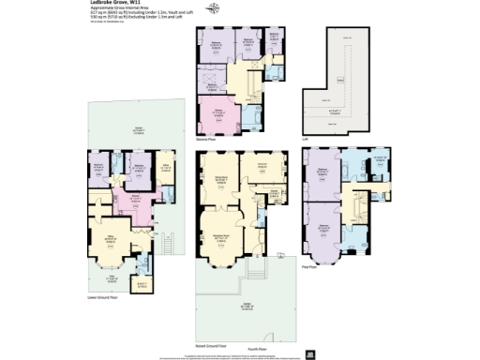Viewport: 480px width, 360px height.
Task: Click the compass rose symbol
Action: (x=216, y=9)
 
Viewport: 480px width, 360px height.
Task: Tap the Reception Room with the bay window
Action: (x=222, y=238)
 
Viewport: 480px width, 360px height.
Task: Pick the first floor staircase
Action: (x=359, y=202)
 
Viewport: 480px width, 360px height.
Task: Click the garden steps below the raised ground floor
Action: (x=253, y=272)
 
